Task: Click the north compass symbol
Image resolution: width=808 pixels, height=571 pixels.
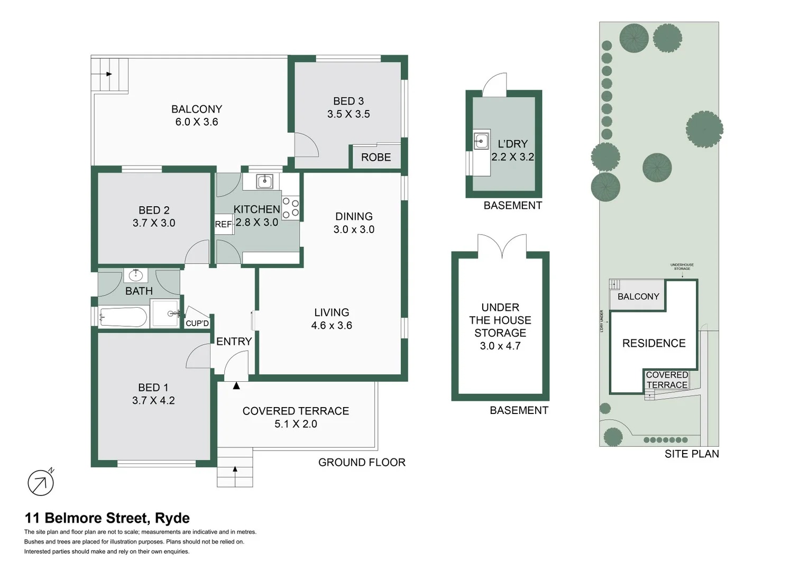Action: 41,482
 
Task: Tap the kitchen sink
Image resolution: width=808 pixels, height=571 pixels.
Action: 264,181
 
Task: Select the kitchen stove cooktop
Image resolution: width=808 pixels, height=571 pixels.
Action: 290,208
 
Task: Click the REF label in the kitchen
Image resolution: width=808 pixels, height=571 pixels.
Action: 223,224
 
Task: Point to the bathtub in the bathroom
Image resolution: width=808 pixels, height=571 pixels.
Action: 123,318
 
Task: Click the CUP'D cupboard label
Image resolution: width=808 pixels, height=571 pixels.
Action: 197,323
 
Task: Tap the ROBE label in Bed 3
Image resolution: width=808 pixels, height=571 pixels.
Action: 376,158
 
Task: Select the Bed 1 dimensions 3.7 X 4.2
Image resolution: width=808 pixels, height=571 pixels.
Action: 153,401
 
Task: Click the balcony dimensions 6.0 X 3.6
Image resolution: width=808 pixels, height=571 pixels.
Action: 197,122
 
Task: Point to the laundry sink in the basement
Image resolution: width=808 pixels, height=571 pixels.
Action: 481,141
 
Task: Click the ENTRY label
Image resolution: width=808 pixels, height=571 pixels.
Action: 234,342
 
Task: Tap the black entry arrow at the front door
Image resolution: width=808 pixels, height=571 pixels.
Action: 236,386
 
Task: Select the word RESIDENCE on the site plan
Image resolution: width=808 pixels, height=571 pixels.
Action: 654,344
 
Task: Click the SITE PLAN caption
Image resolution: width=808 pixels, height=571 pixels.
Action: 691,454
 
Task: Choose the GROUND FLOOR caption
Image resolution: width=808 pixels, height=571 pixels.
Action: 362,462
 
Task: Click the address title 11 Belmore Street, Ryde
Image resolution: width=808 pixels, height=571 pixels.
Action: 107,518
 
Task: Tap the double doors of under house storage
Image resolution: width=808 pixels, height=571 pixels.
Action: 502,247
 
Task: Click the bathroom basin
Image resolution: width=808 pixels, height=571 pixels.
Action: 136,275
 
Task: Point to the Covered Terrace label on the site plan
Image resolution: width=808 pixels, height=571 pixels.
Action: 667,380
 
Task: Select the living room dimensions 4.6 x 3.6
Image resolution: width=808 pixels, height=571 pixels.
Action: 332,326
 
